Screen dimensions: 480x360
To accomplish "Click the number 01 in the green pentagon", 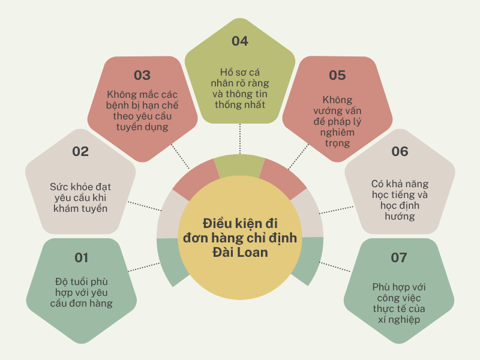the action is coord(82,258).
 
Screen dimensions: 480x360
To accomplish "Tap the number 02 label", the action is coord(80,152).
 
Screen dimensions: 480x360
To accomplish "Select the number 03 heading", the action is coord(142,76).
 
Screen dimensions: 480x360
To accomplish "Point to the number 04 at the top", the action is coord(240,41).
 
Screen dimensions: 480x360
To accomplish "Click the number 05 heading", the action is coord(337,76).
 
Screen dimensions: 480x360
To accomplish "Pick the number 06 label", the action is coord(400,152).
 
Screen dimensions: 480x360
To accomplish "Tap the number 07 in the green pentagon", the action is coord(399,258).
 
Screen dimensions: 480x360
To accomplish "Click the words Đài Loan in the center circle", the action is coord(241,252).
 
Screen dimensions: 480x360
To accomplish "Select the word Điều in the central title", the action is coord(217,223).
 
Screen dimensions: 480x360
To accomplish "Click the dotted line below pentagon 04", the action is coord(240,139).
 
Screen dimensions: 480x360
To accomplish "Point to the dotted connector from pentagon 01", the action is coord(144,267).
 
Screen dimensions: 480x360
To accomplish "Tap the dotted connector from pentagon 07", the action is coord(335,266).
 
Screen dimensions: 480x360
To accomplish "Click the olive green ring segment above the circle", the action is coord(239,166).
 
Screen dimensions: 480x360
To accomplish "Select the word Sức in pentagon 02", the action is coord(57,187).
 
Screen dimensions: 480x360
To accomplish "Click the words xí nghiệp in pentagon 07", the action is coord(399,320).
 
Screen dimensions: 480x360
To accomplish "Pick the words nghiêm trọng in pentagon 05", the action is coord(337,138).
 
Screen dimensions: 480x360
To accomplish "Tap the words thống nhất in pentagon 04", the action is coord(240,104).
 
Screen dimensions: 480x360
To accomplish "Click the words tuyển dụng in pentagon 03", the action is coord(142,127).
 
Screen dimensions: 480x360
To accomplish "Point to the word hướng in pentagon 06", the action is coord(400,217).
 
